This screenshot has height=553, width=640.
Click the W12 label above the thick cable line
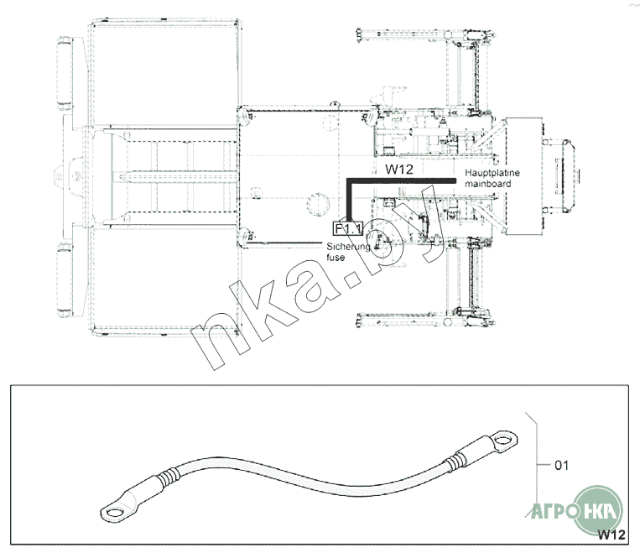[x=398, y=169]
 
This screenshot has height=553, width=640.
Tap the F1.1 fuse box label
[x=348, y=229]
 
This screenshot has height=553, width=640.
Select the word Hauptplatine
[x=492, y=173]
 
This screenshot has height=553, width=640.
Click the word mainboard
[x=487, y=184]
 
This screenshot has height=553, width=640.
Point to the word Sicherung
[x=349, y=247]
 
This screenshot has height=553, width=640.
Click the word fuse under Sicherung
[x=336, y=258]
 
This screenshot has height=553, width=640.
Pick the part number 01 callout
[x=562, y=465]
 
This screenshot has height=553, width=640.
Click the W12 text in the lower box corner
[x=611, y=535]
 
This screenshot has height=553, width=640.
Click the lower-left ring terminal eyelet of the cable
[x=115, y=512]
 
